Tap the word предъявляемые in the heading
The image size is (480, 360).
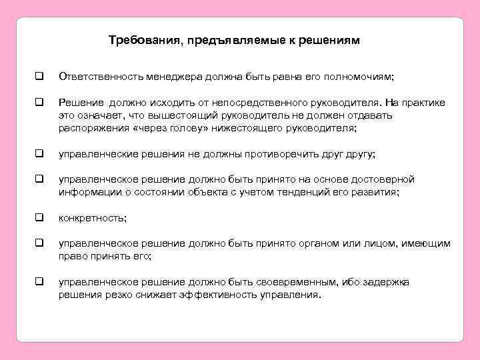point(237,41)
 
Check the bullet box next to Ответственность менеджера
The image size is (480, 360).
point(40,77)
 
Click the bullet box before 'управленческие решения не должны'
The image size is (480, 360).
point(40,154)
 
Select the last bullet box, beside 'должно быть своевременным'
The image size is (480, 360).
point(40,282)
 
